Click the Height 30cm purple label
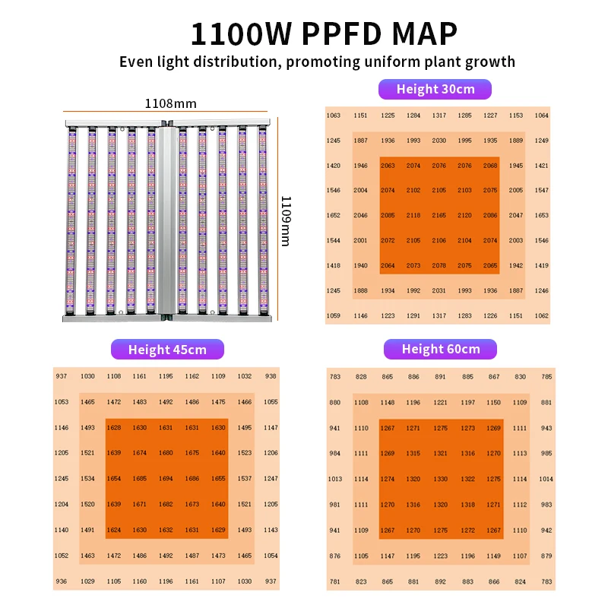click(x=435, y=89)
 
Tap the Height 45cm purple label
click(x=168, y=350)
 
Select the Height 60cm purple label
click(x=440, y=349)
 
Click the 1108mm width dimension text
click(x=170, y=102)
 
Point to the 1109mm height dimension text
click(x=286, y=220)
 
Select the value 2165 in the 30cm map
click(x=439, y=216)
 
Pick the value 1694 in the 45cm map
click(x=166, y=479)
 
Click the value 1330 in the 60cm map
click(x=441, y=480)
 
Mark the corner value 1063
click(x=333, y=116)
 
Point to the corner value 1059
click(x=333, y=315)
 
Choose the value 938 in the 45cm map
click(x=271, y=376)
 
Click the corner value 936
click(x=61, y=581)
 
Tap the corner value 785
click(x=546, y=377)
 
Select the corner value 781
click(x=334, y=581)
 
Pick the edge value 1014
click(x=546, y=480)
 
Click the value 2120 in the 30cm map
click(x=464, y=216)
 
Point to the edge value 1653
click(x=541, y=216)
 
